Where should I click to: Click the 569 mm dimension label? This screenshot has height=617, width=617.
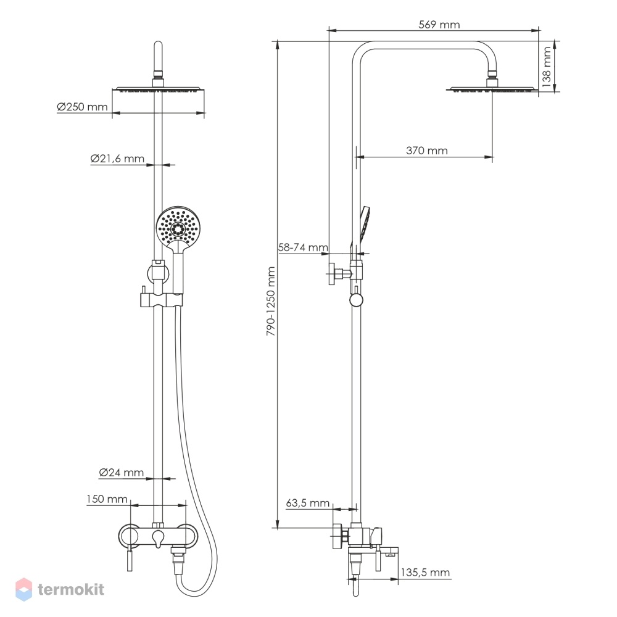tap(439, 25)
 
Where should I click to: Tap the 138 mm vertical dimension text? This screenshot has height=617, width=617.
tap(547, 67)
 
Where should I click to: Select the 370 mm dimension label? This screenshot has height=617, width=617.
tap(426, 151)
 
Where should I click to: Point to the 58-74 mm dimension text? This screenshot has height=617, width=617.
tap(303, 247)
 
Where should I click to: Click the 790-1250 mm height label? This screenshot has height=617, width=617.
tap(271, 301)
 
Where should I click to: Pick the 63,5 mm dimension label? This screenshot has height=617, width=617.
tap(307, 503)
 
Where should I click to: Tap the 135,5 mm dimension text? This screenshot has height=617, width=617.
tap(425, 572)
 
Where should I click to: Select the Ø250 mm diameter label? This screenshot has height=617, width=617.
tap(82, 107)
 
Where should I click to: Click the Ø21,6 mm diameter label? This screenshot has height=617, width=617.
tap(117, 159)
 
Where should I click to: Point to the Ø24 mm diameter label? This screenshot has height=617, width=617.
tap(121, 472)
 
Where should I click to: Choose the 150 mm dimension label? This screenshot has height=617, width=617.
tap(107, 499)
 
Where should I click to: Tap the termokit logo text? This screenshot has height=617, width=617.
tap(71, 589)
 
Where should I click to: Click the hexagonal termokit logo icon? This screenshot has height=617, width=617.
tap(23, 589)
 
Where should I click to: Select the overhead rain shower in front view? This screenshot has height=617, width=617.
tap(159, 89)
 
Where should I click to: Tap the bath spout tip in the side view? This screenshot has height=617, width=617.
tap(391, 555)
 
